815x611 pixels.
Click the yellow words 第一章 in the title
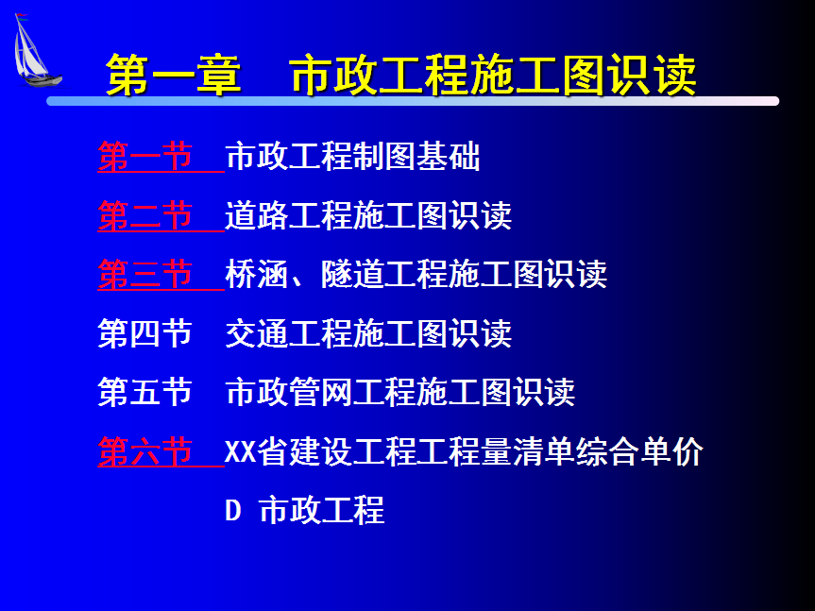coord(174,76)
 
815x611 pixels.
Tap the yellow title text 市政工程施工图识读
coord(493,76)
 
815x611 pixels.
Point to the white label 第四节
coord(145,333)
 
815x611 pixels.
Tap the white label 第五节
coord(145,392)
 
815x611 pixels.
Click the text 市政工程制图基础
coord(352,157)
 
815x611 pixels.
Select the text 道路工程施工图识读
coord(368,215)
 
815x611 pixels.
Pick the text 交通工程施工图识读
coord(368,333)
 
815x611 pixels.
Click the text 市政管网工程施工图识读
coord(400,392)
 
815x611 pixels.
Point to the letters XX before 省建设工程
coord(241,451)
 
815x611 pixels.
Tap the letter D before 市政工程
coord(233,510)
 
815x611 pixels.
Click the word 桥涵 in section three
coord(257,274)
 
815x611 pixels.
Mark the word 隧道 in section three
coord(353,274)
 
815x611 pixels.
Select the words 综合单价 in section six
coord(640,451)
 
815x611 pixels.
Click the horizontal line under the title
coord(413,101)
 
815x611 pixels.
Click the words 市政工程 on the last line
coord(322,510)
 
